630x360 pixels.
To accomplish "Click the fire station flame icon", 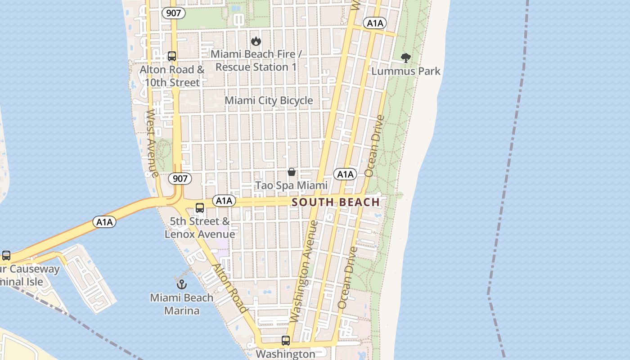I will (256, 41).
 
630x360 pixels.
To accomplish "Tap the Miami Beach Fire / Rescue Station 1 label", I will (256, 60).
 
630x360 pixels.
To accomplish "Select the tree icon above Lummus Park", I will (405, 58).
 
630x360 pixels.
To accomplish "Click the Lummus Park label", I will (405, 71).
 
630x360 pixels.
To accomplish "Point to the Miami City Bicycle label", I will (269, 100).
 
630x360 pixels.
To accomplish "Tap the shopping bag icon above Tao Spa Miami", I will (292, 172).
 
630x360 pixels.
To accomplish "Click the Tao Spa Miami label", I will (292, 185).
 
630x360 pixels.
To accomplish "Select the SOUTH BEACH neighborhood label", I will (336, 202).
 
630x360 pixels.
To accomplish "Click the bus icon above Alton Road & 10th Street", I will (171, 56).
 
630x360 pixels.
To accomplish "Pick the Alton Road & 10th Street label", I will (171, 76).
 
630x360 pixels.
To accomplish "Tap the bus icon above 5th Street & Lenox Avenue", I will (200, 208).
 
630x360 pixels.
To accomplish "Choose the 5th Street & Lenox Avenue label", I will (200, 228).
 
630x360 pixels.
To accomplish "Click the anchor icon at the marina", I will (181, 284).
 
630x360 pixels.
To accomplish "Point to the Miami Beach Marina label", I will (182, 304).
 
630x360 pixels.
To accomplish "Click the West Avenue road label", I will (152, 143).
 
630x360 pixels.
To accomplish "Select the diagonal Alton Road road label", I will (230, 288).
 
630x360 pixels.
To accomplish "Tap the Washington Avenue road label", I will (304, 271).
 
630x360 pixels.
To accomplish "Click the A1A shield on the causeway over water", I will (104, 221).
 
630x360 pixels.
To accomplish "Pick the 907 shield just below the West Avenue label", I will (180, 179).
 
